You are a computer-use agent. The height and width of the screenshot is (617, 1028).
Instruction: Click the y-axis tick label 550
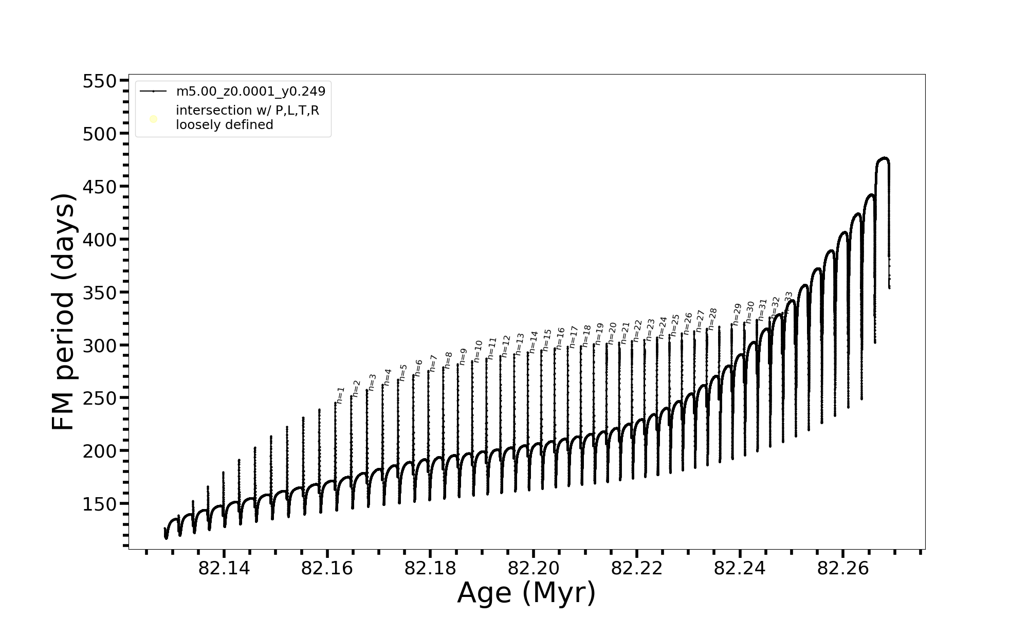[100, 81]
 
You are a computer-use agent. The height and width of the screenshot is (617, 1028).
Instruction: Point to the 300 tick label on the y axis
[100, 346]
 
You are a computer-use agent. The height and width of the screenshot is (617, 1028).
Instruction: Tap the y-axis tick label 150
[100, 504]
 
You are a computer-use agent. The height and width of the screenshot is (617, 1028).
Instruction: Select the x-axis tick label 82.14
[224, 568]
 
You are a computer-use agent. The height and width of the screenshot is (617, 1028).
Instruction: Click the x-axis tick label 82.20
[533, 568]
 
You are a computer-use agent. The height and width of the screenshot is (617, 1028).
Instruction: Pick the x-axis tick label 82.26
[842, 568]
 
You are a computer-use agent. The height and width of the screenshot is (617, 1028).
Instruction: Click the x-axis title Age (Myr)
[526, 593]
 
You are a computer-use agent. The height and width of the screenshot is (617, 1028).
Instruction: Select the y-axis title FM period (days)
[64, 312]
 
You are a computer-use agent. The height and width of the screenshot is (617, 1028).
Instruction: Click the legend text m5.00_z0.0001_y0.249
[251, 92]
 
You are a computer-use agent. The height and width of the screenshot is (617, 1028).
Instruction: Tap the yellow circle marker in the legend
[153, 119]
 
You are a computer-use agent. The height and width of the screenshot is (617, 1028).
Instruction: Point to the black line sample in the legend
[153, 92]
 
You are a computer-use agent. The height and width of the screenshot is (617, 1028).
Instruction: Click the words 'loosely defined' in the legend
[225, 125]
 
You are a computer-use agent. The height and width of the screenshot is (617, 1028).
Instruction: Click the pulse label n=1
[340, 395]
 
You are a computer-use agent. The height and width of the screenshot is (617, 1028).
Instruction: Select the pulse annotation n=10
[479, 351]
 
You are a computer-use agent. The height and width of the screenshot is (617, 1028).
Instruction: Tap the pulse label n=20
[612, 334]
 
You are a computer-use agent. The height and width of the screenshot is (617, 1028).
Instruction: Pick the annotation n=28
[712, 319]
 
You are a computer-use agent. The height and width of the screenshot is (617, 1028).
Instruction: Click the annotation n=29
[737, 314]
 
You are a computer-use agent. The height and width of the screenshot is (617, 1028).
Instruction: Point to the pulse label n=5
[403, 372]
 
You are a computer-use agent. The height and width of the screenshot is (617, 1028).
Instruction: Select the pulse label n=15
[546, 340]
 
